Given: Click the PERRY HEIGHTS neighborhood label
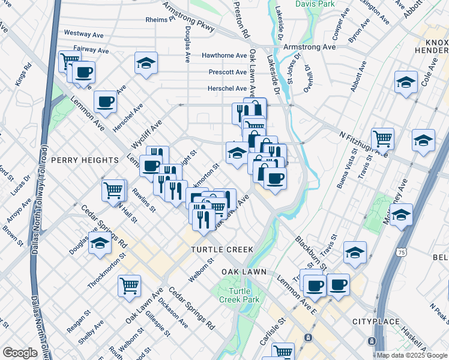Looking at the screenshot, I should [85, 160].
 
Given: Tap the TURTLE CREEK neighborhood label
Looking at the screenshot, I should [222, 249].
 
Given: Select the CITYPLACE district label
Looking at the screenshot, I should [376, 322].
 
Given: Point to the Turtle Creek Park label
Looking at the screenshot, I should [231, 295].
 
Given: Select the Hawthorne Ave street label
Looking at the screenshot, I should [224, 55].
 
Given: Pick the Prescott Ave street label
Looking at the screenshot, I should [228, 72].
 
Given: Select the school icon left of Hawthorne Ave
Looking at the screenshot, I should [145, 63].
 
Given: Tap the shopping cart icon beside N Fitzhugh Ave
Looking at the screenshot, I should [382, 139].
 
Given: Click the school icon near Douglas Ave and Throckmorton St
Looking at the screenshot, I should [100, 243].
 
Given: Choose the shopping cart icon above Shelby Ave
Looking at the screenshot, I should [129, 286].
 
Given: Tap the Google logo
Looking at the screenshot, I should [20, 353].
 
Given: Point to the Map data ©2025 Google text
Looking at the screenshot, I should [411, 355].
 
